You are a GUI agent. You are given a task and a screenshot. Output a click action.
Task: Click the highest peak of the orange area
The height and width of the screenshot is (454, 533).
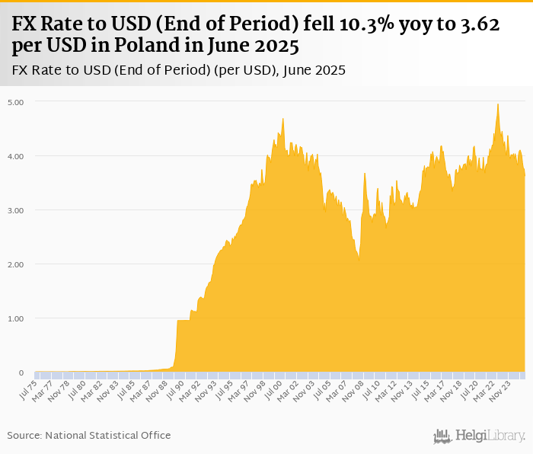(497, 104)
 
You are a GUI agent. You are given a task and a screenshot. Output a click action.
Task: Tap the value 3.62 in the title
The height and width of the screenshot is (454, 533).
(478, 24)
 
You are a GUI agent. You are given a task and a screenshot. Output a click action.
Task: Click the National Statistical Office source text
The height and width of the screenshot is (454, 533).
(108, 435)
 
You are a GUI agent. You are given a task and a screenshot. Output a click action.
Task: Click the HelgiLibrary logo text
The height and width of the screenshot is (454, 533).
(490, 436)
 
